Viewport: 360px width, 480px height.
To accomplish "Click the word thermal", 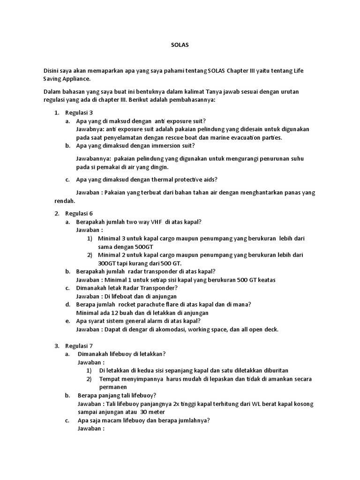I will (x=161, y=180).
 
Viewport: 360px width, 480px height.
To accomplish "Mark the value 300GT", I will (x=106, y=263).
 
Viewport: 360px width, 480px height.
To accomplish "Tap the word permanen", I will (x=113, y=387).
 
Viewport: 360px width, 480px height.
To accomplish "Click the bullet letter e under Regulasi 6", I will (x=67, y=321).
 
